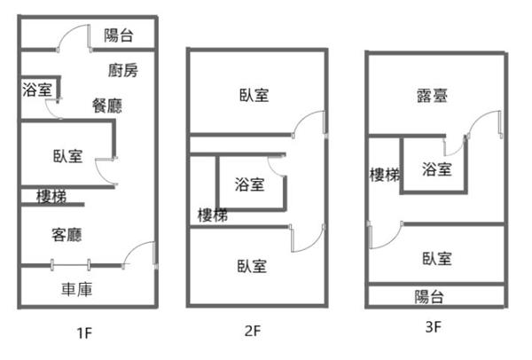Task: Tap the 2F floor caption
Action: (253, 332)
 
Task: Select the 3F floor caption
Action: (434, 326)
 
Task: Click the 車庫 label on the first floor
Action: (77, 289)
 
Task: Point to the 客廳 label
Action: (67, 235)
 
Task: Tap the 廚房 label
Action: (123, 70)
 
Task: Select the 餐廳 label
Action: (106, 105)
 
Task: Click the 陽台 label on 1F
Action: (119, 35)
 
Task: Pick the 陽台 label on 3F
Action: (430, 296)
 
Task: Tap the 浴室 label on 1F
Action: (38, 90)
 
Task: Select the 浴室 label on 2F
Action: (249, 184)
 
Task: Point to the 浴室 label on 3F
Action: (436, 168)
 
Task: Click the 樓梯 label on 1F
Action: (51, 196)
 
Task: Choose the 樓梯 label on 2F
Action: (213, 214)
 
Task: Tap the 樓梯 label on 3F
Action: (384, 175)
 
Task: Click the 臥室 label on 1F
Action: (67, 157)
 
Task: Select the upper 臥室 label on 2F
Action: (254, 95)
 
